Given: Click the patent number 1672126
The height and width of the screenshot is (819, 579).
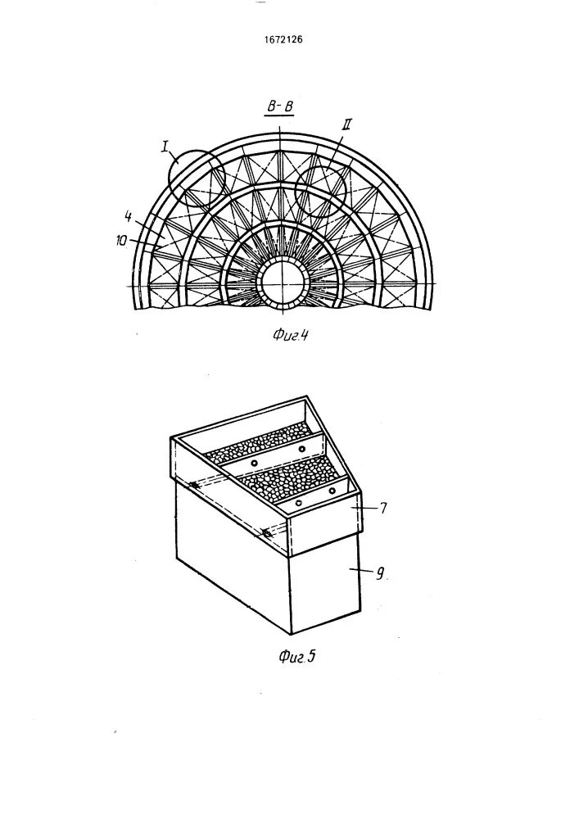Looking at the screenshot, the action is coord(289,38).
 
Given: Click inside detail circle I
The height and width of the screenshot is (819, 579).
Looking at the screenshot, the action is coord(196,176).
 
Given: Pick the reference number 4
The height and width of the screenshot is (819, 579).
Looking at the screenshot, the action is coord(128,217).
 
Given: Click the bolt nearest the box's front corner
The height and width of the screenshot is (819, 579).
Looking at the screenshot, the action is coord(267,534).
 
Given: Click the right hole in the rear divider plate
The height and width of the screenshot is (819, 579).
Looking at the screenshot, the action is coord(303,450).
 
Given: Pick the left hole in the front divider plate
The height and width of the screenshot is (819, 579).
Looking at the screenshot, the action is coord(298,502).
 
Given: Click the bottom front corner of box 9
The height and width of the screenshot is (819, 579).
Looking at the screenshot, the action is coord(292,634).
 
